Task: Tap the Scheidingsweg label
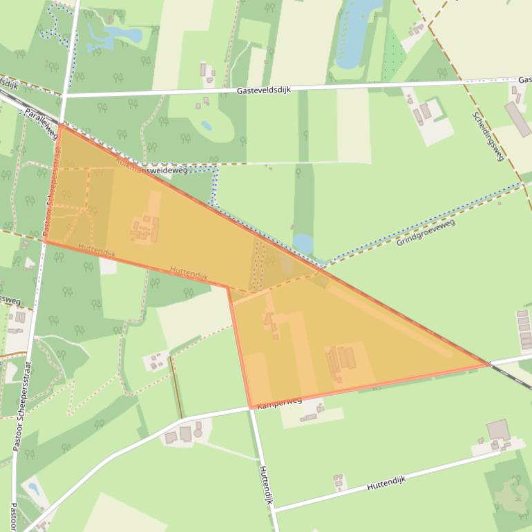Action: (x=488, y=136)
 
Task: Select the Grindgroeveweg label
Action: (x=426, y=232)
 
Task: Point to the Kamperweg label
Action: (x=279, y=403)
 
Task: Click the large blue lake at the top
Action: (x=356, y=31)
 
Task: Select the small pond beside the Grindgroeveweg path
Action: (x=303, y=243)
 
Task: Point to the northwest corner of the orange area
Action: (x=59, y=125)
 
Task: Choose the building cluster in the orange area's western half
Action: (x=145, y=228)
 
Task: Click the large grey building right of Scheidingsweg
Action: (x=517, y=119)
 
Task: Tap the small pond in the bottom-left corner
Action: (x=33, y=490)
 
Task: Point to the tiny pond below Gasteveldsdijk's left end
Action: (x=207, y=126)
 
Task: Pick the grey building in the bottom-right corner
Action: (x=497, y=430)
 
